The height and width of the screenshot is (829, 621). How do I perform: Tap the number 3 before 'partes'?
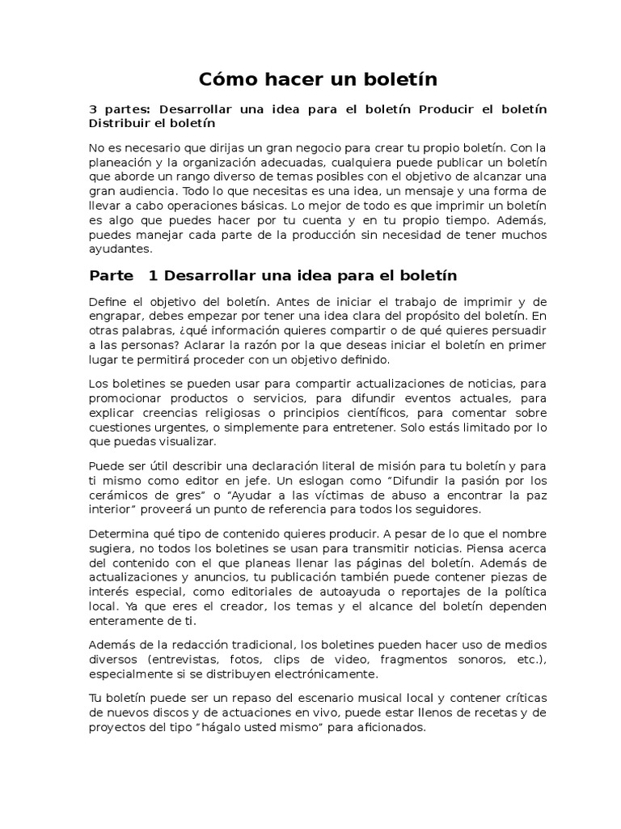(92, 109)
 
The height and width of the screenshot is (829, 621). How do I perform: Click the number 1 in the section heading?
(153, 276)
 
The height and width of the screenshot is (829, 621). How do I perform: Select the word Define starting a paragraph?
(108, 302)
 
